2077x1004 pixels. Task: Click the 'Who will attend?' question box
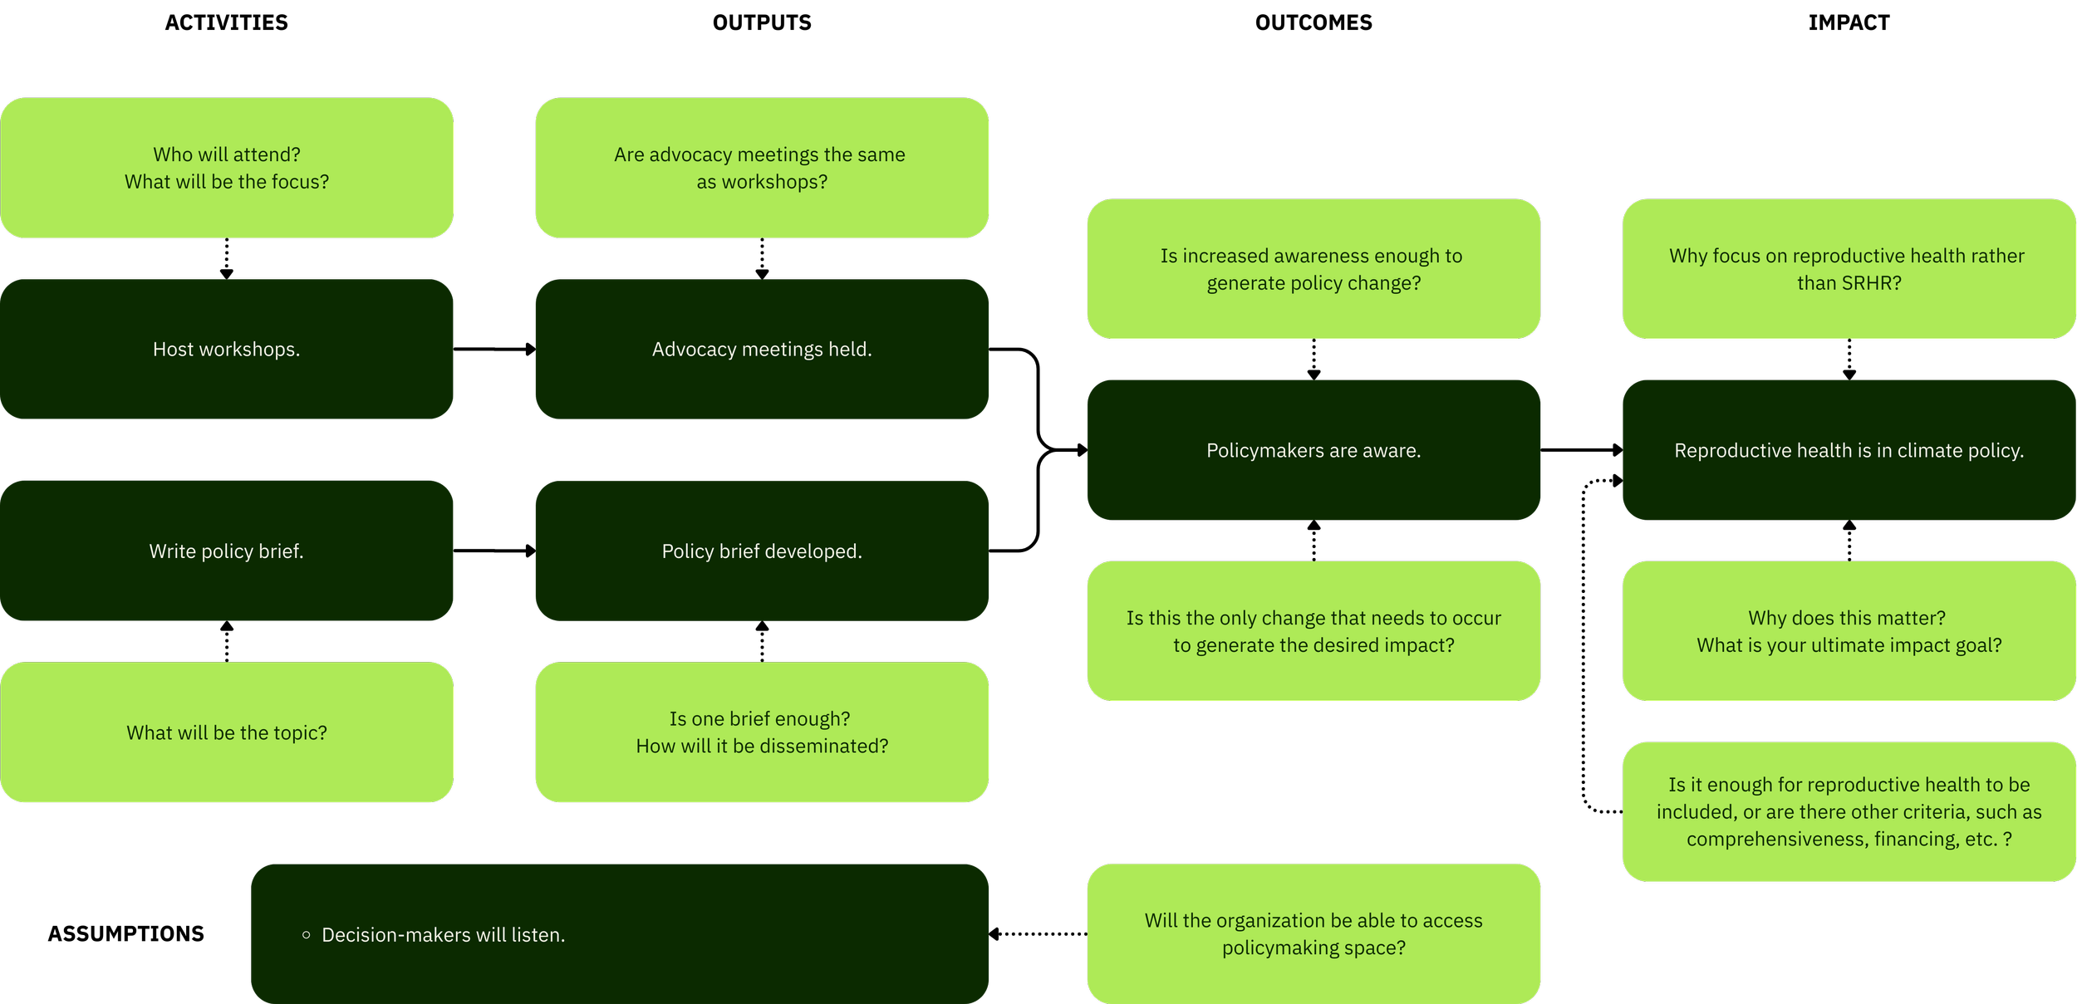226,168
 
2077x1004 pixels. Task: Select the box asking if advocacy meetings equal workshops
762,168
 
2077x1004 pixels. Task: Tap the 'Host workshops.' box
226,349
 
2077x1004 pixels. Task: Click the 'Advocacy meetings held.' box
762,349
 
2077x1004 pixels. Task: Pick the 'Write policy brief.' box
226,551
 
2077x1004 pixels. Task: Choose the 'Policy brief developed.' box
762,551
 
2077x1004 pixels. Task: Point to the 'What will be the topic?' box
226,732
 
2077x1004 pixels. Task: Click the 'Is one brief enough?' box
762,732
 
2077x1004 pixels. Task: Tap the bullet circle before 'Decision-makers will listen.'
307,935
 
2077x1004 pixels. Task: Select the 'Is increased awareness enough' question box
1313,268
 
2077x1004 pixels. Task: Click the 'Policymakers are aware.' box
1313,450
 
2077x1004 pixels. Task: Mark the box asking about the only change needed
1313,631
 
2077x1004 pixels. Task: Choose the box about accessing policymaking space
1313,933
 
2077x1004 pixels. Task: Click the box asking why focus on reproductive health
1849,268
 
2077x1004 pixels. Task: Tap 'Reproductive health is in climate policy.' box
1849,450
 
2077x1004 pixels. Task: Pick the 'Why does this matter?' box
1849,631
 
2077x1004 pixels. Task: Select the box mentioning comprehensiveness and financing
1849,811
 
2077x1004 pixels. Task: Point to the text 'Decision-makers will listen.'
443,935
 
